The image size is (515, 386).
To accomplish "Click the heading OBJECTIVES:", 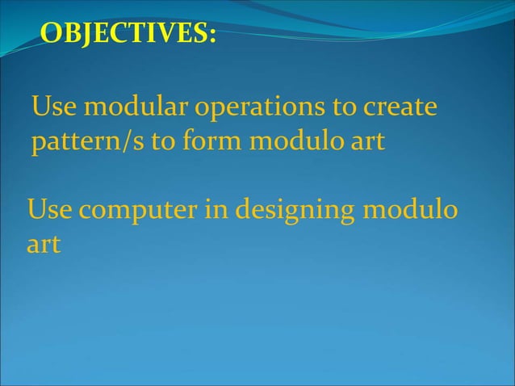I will (128, 34).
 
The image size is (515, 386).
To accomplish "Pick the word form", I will (213, 142).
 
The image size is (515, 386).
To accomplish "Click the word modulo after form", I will (291, 142).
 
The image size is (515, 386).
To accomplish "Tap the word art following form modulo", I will (366, 143).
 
